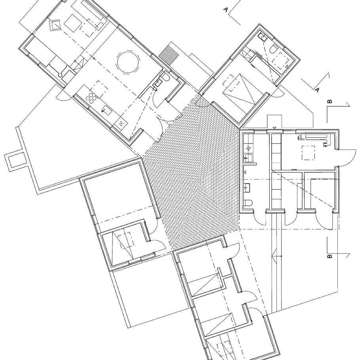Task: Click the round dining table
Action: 128,63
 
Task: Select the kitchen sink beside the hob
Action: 107,110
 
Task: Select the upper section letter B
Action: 330,102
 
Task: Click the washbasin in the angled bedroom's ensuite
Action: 263,37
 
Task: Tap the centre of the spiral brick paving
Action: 200,184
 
